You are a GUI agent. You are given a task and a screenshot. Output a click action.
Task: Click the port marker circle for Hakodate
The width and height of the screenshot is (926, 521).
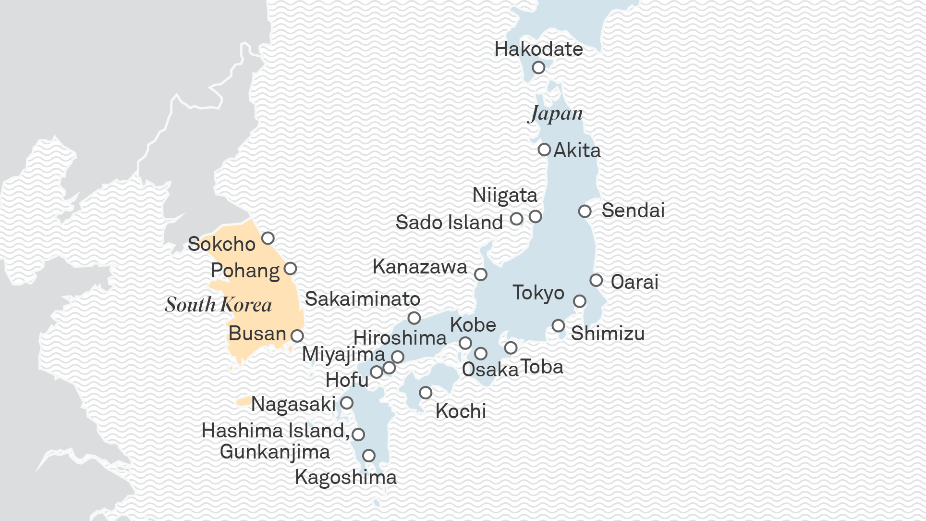click(x=538, y=67)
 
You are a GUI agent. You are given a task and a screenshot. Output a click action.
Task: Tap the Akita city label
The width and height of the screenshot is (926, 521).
click(x=577, y=150)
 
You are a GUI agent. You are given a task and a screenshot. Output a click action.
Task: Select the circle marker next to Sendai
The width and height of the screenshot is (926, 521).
click(x=585, y=211)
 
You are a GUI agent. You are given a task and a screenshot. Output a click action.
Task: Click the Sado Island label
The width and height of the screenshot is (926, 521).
click(x=449, y=223)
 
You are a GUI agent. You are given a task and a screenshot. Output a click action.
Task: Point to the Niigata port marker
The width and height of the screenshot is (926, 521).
click(x=535, y=216)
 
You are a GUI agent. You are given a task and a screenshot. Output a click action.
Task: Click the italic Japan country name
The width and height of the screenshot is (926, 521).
click(x=556, y=113)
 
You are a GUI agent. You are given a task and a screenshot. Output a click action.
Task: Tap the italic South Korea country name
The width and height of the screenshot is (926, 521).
click(x=219, y=305)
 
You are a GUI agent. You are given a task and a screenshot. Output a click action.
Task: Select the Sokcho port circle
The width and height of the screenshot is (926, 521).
click(x=268, y=238)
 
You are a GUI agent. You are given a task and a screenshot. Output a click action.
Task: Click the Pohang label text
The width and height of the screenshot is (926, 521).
click(x=245, y=271)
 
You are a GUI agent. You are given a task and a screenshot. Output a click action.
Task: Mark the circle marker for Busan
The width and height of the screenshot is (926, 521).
click(x=297, y=335)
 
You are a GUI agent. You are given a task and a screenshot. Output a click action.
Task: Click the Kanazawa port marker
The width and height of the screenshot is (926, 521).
click(x=480, y=274)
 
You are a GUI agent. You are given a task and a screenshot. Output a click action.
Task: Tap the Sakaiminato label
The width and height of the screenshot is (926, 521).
click(x=363, y=299)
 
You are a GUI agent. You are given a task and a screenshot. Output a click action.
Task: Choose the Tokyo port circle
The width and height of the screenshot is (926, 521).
click(x=579, y=301)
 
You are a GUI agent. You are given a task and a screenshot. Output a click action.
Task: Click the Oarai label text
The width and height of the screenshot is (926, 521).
click(x=634, y=282)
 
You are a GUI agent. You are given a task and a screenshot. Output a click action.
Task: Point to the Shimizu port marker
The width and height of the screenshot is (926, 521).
click(x=558, y=325)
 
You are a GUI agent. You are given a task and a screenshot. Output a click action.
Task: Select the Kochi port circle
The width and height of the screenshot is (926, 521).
click(x=425, y=393)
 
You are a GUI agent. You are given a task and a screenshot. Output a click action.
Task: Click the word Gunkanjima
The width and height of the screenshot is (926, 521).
click(x=275, y=452)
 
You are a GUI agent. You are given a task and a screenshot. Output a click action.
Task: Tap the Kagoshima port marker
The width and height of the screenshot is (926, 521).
click(x=368, y=455)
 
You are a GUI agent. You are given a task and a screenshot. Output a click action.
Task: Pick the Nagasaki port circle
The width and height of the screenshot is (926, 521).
click(x=346, y=403)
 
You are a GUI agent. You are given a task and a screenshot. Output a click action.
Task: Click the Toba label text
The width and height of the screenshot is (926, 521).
click(x=541, y=367)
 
